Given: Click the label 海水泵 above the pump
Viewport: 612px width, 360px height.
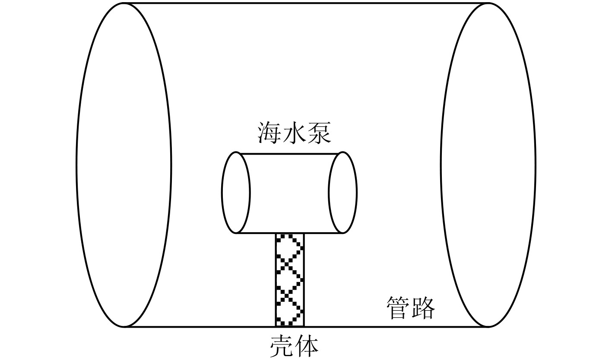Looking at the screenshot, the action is tap(294, 133).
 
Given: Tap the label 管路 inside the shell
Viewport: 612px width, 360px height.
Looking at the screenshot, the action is tap(410, 307).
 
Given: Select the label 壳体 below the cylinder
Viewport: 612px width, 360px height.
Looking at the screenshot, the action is tap(294, 346).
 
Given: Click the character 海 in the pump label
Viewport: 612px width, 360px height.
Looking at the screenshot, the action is tap(270, 133).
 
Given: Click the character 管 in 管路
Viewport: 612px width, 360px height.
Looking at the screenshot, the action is tap(398, 307).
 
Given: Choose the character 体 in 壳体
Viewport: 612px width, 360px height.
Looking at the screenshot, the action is tap(306, 346).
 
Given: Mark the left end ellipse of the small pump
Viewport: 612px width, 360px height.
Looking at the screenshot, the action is tap(236, 193).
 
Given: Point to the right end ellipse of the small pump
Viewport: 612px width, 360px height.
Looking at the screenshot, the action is tap(343, 193).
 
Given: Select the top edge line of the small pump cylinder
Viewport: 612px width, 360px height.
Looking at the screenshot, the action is tap(289, 154).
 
